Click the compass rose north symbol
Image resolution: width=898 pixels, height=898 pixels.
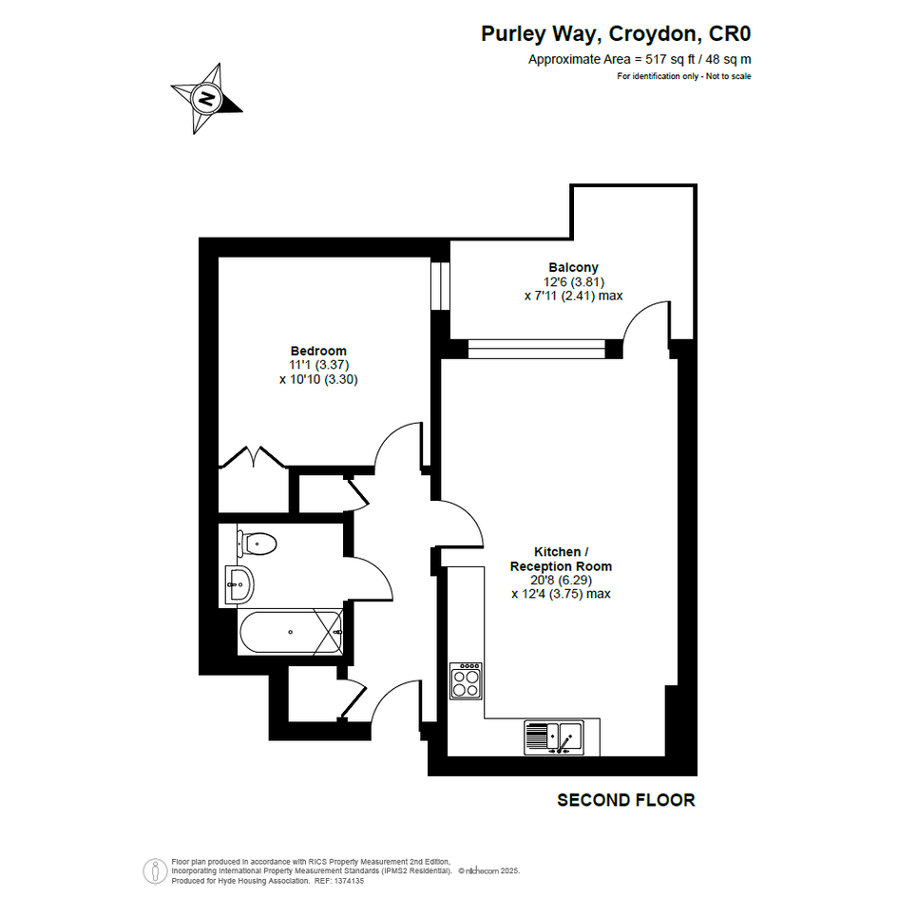coord(207,99)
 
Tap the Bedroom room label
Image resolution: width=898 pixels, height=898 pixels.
coord(318,351)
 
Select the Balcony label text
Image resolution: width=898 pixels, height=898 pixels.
coord(573,267)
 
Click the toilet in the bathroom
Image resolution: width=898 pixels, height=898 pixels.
coord(258,543)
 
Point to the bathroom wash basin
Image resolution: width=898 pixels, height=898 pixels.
coord(239,584)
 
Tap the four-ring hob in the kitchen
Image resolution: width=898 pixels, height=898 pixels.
coord(466,681)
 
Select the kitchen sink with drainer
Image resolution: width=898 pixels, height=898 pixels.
coord(554,737)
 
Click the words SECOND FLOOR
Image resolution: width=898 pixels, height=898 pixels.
coord(626,800)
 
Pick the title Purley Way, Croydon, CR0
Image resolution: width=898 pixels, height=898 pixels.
coord(616,34)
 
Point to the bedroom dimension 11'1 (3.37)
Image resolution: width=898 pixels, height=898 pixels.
coord(319,365)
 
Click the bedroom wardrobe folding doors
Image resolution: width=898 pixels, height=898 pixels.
coord(253,456)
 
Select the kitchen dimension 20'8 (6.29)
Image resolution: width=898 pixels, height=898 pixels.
coord(561,581)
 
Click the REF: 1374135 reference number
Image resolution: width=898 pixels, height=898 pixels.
coord(339,881)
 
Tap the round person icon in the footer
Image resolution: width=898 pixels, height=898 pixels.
coord(155,871)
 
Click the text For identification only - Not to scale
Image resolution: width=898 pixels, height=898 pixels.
coord(684,76)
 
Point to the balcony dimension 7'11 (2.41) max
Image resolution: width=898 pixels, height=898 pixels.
coord(573,296)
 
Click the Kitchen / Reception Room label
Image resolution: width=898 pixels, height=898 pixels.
coord(561,559)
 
